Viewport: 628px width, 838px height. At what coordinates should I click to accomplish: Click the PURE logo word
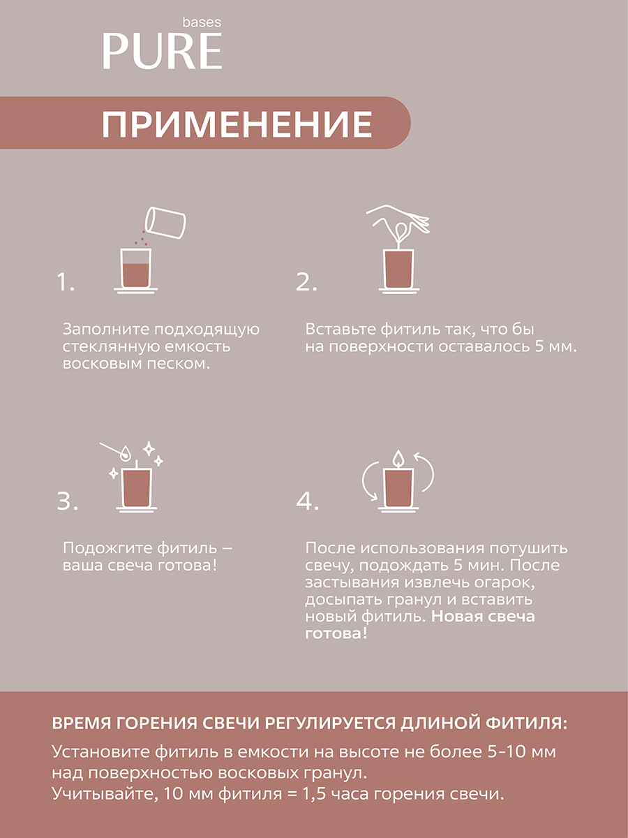coord(162,51)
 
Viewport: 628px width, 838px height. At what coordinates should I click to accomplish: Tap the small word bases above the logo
coord(202,22)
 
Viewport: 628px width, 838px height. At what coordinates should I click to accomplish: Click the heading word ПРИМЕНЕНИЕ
coord(237,124)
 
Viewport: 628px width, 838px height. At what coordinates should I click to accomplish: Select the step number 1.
coord(65,282)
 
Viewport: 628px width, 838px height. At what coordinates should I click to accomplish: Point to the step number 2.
coord(306,282)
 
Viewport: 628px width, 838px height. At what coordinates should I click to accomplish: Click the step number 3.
coord(67,501)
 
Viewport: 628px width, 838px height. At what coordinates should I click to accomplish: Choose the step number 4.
coord(307,501)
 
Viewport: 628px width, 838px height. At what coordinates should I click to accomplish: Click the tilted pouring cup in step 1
coord(165,223)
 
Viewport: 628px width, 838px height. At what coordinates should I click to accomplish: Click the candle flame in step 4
coord(398,458)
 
